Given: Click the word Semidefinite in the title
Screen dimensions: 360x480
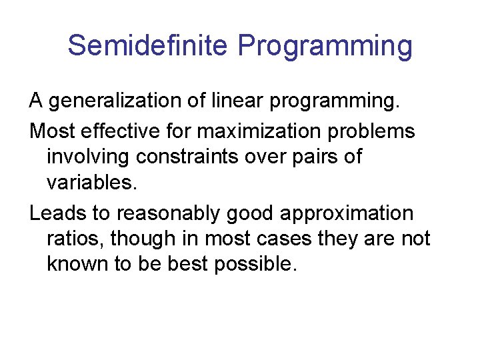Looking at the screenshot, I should pyautogui.click(x=149, y=46).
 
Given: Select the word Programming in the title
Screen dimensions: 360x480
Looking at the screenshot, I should pyautogui.click(x=325, y=46).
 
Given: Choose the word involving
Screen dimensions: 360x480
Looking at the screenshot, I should pyautogui.click(x=89, y=157).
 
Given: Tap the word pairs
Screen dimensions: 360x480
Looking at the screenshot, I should pyautogui.click(x=312, y=157).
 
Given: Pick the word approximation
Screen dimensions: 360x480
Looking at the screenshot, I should pyautogui.click(x=347, y=213).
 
